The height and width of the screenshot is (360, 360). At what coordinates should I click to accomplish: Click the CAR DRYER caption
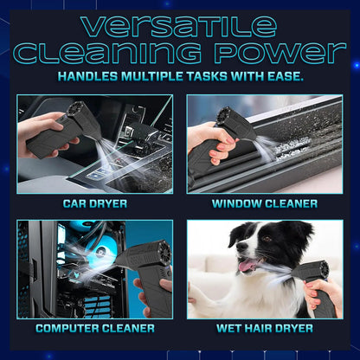(94, 204)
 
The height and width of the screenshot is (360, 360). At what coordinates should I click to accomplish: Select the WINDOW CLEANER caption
(265, 204)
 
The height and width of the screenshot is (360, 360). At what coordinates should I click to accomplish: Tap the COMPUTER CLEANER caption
(94, 329)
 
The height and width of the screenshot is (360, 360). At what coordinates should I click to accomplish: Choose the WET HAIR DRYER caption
(265, 329)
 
